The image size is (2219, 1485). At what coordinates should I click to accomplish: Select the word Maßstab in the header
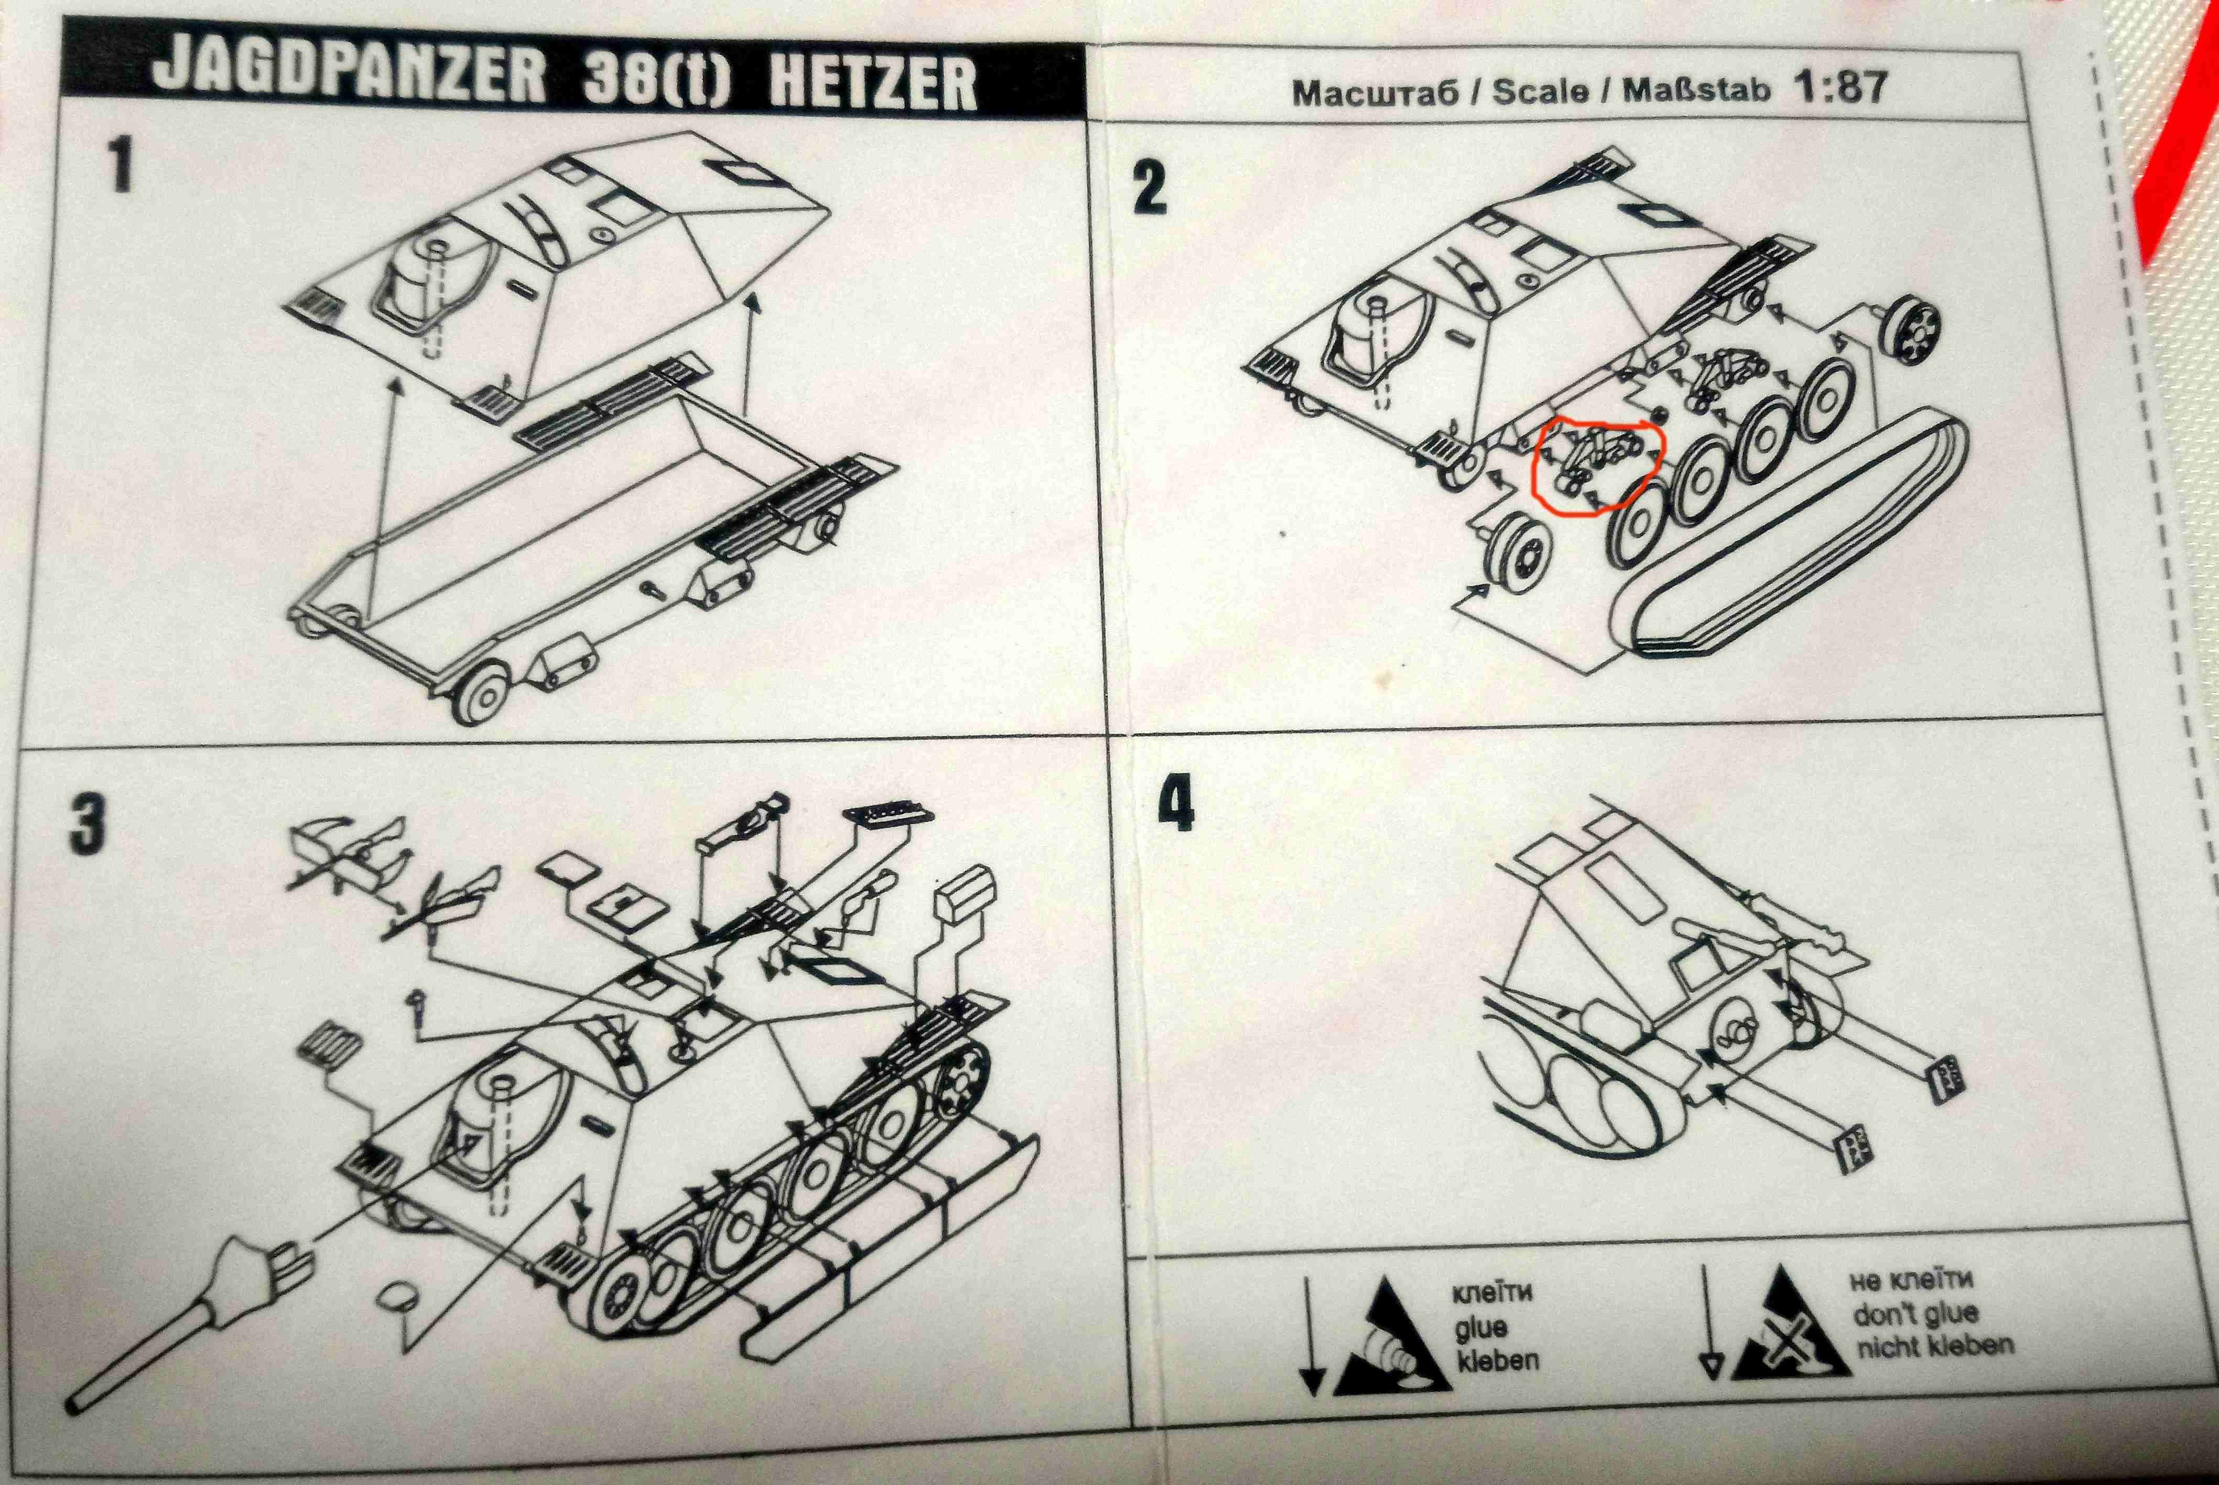tap(1697, 90)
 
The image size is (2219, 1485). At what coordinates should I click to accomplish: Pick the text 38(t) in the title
tap(658, 78)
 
